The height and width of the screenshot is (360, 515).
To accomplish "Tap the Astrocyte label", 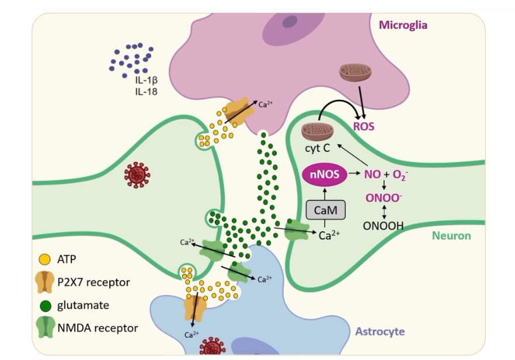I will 380,331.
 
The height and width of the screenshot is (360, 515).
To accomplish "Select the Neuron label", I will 451,236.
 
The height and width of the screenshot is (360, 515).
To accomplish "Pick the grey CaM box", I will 325,209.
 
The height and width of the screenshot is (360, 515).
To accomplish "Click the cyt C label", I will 317,148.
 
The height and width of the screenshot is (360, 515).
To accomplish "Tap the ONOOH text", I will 383,226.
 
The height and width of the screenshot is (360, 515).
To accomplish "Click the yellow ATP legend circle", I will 43,259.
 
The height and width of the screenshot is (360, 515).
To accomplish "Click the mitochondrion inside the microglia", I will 355,73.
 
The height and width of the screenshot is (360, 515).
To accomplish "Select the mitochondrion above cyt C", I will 317,131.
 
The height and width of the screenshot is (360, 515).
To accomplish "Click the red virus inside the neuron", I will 137,175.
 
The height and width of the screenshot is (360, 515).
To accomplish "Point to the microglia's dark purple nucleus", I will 290,22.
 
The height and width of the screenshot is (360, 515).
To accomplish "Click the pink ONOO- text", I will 383,198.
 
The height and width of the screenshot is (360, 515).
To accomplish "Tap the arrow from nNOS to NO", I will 353,174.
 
